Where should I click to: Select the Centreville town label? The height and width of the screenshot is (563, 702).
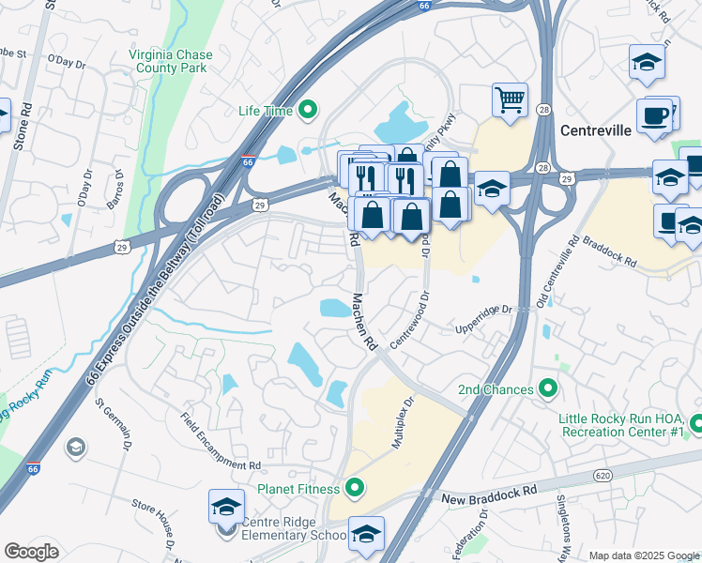point(596,130)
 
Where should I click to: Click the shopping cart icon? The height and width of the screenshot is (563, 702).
point(510,98)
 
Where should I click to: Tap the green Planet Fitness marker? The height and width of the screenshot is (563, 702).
point(354,487)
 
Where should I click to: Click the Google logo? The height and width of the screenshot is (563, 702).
point(32,551)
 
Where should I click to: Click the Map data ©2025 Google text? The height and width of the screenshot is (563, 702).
point(643,555)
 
